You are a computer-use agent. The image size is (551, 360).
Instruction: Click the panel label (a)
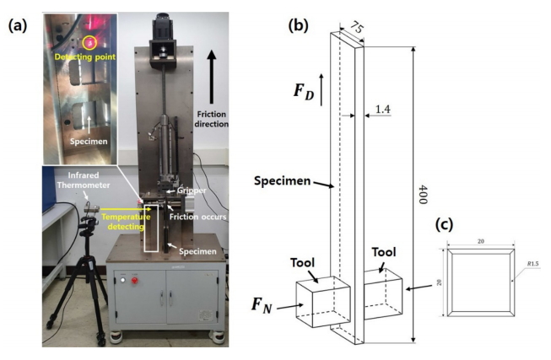click(18, 25)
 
